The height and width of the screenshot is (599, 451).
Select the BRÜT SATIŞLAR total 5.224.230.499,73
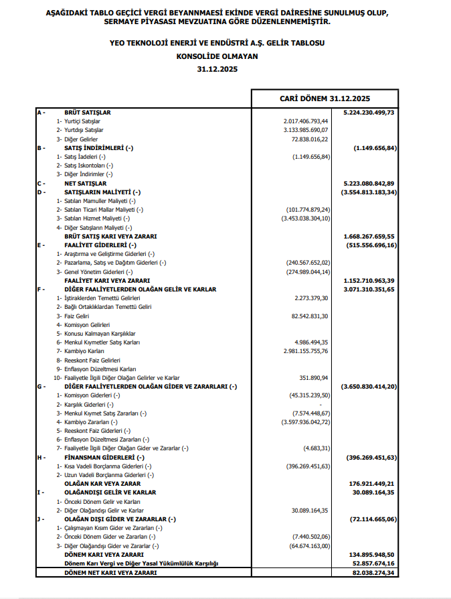click(x=368, y=113)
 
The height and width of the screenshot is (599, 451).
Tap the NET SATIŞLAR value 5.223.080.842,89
click(x=369, y=183)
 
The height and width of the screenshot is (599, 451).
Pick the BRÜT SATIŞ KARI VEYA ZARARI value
click(x=369, y=237)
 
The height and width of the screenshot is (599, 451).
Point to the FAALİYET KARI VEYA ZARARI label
click(x=106, y=280)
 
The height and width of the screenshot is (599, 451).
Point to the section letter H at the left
click(x=40, y=457)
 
